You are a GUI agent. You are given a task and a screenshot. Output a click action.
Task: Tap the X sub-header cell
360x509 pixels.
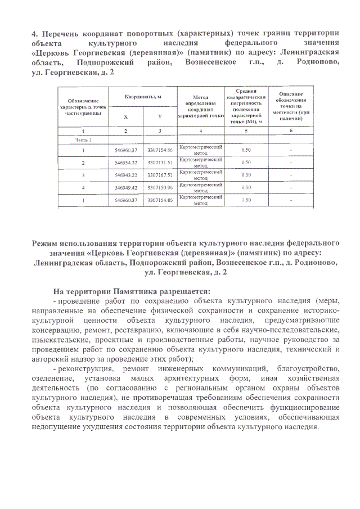[x=125, y=116]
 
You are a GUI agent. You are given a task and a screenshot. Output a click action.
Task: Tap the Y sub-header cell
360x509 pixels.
[x=160, y=116]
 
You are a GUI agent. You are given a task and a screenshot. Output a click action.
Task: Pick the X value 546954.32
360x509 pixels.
[x=126, y=163]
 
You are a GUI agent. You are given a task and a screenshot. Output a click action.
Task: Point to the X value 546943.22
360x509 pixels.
[x=126, y=175]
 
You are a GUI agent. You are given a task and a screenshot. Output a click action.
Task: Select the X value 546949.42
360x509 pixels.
[x=126, y=187]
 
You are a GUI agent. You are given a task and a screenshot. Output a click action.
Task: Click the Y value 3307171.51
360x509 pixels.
[x=160, y=163]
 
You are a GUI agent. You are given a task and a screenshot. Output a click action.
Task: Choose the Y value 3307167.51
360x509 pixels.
[x=160, y=175]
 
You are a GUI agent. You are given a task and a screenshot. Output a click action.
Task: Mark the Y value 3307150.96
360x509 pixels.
[x=160, y=187]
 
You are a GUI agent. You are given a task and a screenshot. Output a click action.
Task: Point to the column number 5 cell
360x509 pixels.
[x=246, y=130]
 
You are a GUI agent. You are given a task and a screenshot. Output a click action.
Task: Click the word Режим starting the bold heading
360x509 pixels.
[x=48, y=242]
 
